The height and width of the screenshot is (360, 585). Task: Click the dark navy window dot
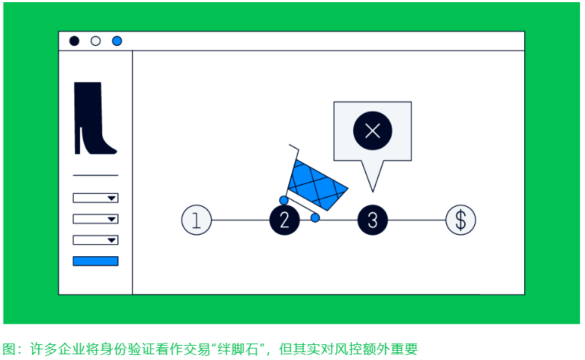point(74,41)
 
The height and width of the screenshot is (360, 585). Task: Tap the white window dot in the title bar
point(95,41)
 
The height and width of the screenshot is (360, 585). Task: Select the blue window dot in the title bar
point(117,41)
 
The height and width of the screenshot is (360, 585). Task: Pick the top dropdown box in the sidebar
point(95,198)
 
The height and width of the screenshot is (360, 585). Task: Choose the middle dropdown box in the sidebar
point(95,218)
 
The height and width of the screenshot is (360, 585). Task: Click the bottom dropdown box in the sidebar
point(95,240)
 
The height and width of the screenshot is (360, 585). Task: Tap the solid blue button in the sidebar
point(95,261)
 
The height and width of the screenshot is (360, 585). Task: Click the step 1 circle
point(197,220)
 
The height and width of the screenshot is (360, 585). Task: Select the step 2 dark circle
point(284,220)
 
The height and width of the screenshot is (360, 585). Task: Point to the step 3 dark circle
point(372,220)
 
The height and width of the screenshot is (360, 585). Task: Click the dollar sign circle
point(461,220)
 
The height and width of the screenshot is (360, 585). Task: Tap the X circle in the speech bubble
point(372,130)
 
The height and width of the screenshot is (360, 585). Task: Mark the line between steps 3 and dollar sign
point(416,220)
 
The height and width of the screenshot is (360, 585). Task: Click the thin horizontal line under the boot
point(95,175)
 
